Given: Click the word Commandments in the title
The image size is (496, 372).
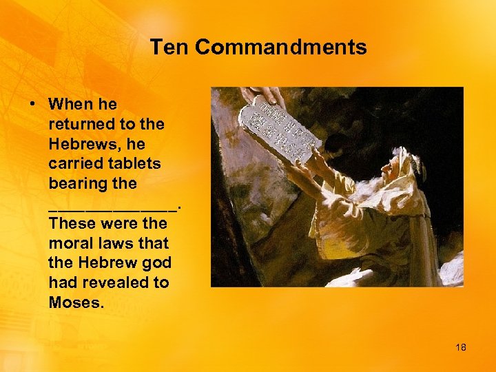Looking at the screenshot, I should [x=280, y=48].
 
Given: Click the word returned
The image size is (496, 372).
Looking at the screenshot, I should [x=79, y=125].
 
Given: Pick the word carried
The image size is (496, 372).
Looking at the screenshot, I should [x=72, y=164].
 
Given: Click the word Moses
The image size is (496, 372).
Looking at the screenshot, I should [x=75, y=302].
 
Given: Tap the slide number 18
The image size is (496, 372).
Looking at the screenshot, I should [x=460, y=347].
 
